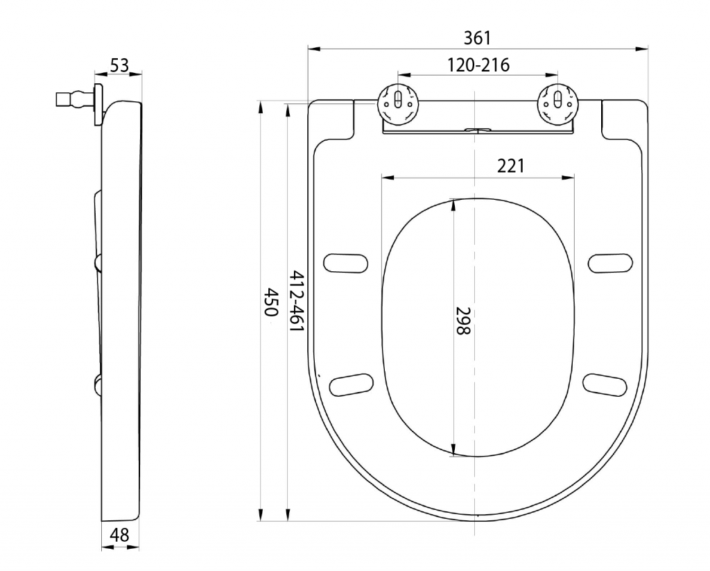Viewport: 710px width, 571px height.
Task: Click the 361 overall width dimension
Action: [477, 38]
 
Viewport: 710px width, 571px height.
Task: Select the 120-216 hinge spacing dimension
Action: [478, 65]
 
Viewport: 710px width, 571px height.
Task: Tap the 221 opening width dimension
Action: [511, 167]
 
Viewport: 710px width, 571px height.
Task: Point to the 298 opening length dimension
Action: [463, 321]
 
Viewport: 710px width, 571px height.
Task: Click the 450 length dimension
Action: [270, 302]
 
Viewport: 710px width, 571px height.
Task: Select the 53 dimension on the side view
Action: [119, 66]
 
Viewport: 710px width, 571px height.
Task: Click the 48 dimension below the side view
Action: [119, 535]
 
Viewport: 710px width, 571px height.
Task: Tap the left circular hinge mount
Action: [398, 104]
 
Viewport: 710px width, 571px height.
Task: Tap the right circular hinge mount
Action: [557, 104]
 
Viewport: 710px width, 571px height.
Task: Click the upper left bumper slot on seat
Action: [345, 263]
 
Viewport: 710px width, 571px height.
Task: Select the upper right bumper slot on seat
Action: [610, 263]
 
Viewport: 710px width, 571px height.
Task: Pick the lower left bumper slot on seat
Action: [352, 385]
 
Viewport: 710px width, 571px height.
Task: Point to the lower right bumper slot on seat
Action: [605, 385]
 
